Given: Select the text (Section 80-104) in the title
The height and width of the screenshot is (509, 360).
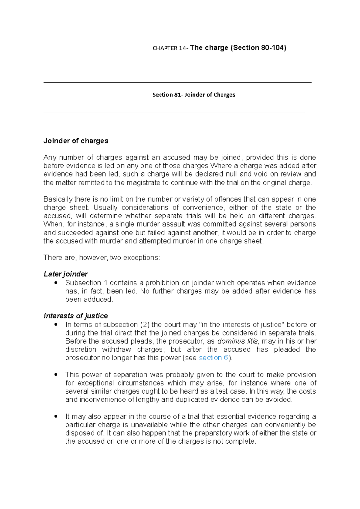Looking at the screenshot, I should tap(258, 48).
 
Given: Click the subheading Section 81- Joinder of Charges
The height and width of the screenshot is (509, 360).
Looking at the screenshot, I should tap(193, 95).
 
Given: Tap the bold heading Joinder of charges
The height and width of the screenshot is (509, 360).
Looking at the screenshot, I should tap(76, 141).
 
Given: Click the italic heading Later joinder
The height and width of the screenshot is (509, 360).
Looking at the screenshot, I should tap(65, 274).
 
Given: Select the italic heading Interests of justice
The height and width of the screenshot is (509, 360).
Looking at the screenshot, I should tap(76, 316).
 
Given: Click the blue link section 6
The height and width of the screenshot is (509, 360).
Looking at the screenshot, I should tap(213, 358).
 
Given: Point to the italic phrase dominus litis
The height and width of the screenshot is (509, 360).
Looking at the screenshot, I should tap(237, 341).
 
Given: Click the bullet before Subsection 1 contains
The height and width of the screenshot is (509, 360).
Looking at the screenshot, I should tap(56, 283).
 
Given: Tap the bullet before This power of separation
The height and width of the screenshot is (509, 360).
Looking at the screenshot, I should tap(56, 375).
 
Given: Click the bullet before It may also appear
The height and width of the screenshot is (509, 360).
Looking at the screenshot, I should tap(56, 417).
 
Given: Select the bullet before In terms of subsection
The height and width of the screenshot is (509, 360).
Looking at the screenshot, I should tap(56, 325).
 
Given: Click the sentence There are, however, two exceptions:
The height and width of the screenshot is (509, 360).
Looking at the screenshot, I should tap(102, 257).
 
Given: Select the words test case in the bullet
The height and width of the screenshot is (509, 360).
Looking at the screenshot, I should tap(230, 391).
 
